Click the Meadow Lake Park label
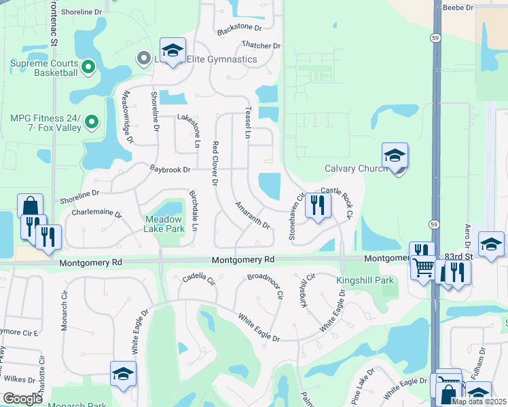coord(164,225)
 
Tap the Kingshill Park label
coord(365,280)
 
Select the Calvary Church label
coord(355,168)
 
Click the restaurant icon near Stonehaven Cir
coord(318,204)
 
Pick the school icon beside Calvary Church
coord(395,156)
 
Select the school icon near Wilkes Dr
coord(123,374)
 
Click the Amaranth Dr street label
coord(253,214)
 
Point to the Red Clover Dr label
coord(215,163)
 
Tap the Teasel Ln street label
coord(248,122)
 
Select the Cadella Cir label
coord(198,277)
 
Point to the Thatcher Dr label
coord(261,45)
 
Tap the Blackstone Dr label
coord(239,28)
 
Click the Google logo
coord(22,399)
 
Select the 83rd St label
coord(458,256)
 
